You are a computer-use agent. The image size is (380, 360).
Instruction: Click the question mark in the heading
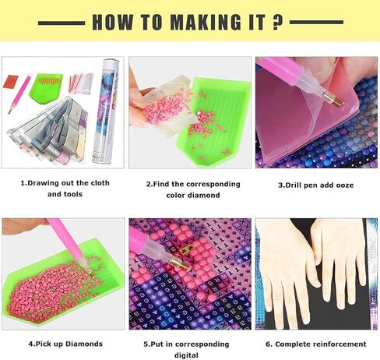tap(276, 22)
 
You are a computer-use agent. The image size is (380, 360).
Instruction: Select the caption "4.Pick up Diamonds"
tap(65, 344)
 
